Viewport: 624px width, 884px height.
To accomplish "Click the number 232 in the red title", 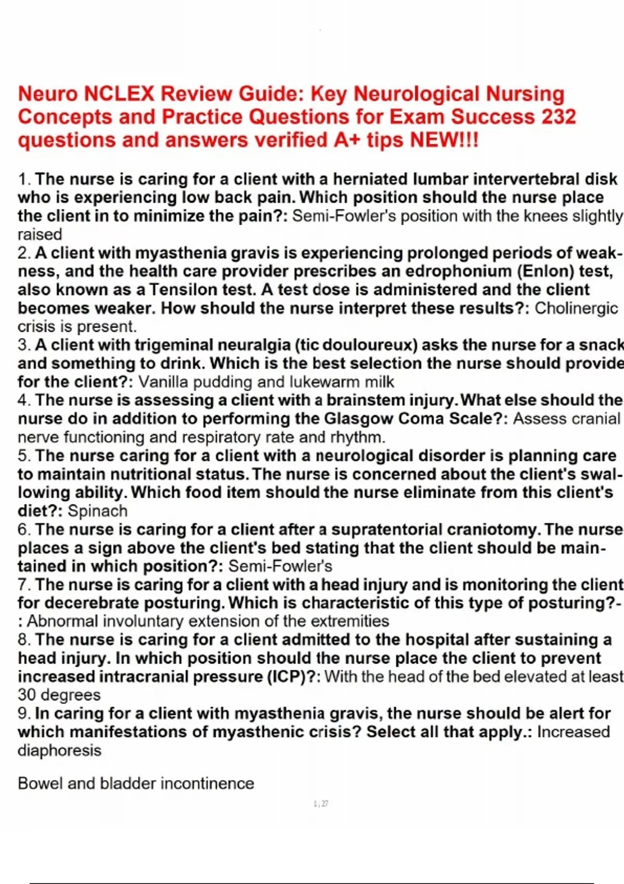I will [x=559, y=116].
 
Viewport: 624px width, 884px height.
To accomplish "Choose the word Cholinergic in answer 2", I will [x=576, y=308].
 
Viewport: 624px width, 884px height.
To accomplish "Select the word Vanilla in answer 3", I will [x=163, y=382].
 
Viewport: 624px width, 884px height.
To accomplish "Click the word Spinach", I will [x=97, y=511].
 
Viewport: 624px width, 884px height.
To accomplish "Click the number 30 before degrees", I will [x=27, y=695].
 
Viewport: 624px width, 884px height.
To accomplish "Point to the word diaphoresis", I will [x=59, y=750].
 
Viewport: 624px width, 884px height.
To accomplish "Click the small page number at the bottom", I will [x=321, y=804].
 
